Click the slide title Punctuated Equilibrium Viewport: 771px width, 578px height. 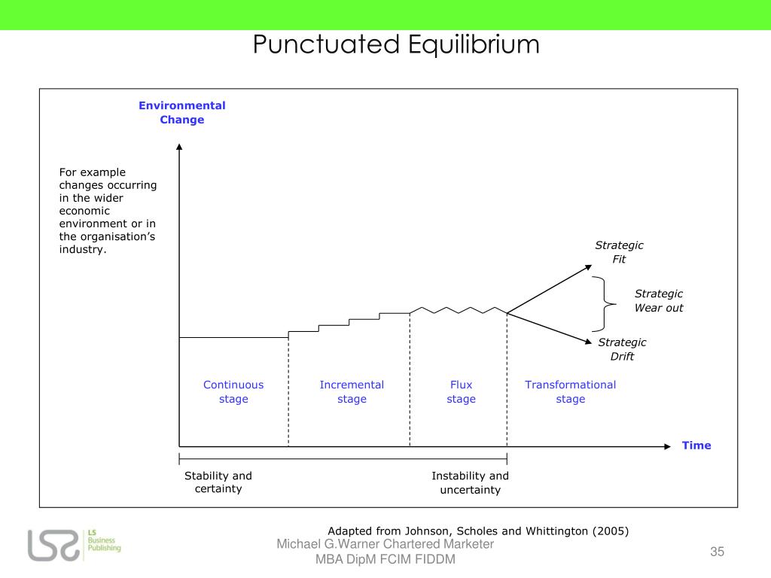pos(396,45)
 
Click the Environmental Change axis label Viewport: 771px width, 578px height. pos(181,112)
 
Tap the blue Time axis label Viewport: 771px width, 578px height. pos(696,446)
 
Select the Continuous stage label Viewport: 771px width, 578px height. pos(233,391)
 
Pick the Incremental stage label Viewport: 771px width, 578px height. pos(352,391)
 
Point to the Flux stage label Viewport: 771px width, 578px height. pos(461,391)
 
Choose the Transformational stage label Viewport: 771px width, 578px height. pos(570,391)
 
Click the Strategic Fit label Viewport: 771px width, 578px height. pos(619,252)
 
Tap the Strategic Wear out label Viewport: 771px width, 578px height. pos(659,300)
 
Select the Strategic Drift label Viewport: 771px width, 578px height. pos(622,349)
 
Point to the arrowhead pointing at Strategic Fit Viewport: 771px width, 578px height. pos(590,266)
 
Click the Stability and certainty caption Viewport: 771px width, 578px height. pos(218,482)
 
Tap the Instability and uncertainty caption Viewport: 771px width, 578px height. pos(470,482)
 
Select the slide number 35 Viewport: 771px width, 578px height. pos(717,552)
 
